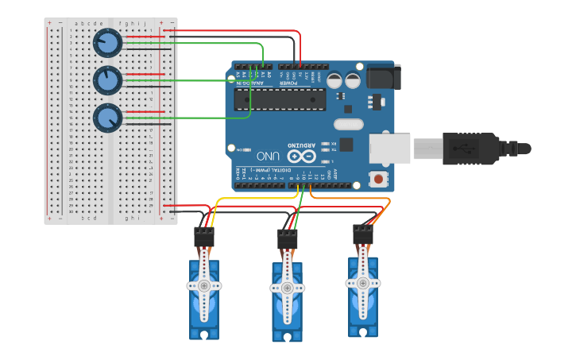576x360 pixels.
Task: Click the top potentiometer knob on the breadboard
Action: (106, 43)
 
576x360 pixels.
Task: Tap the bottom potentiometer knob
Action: (106, 118)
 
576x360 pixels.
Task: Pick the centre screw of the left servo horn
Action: (204, 285)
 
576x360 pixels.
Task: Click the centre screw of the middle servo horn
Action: (287, 288)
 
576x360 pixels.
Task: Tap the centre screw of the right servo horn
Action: (363, 283)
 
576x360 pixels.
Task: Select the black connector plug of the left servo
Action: (204, 237)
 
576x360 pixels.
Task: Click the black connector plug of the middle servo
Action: (287, 238)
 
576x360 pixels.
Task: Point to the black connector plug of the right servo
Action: (363, 234)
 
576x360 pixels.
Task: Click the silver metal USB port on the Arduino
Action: (389, 149)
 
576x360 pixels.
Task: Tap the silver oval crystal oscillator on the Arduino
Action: (348, 124)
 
